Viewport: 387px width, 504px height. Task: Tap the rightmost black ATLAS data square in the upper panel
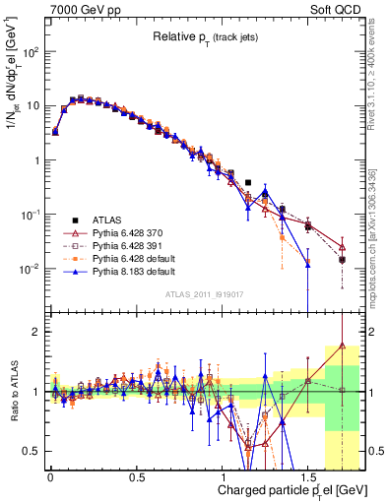click(342, 260)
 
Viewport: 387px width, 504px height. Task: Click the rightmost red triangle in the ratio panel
click(342, 346)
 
